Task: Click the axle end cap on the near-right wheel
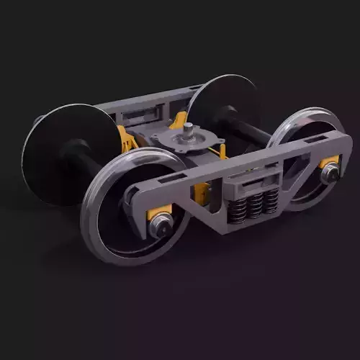(x=331, y=172)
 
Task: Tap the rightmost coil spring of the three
(x=271, y=202)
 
